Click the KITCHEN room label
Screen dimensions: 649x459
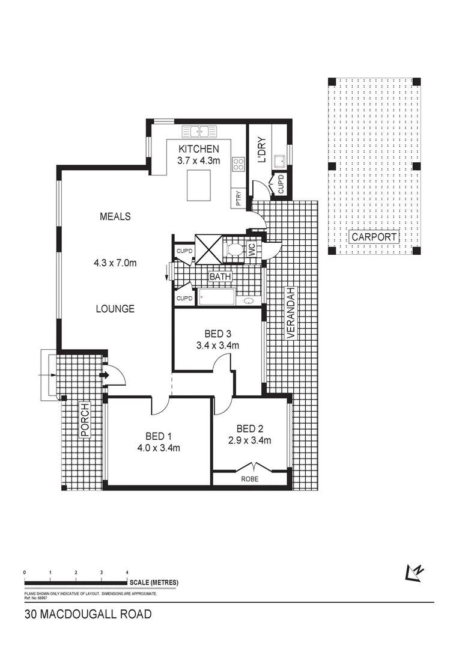click(198, 149)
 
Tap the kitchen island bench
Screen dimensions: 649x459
click(201, 186)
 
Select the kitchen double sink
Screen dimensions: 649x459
click(201, 131)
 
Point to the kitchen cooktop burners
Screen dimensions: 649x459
click(239, 162)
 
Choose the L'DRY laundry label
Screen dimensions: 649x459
click(261, 154)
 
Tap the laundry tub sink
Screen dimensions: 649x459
click(279, 160)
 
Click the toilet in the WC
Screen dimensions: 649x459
click(236, 249)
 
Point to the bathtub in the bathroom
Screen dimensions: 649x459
click(216, 297)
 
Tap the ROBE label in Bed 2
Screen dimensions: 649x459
click(251, 479)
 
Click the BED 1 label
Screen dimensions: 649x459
click(159, 436)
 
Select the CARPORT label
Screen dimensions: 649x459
click(374, 237)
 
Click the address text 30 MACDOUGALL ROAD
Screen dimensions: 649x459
click(88, 615)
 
